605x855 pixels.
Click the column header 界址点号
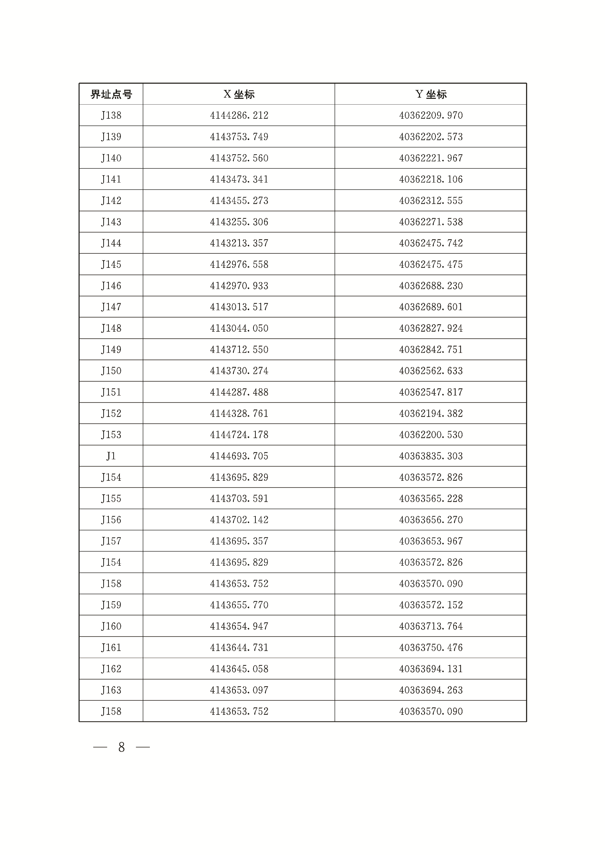pos(111,94)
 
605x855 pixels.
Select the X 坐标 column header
pos(239,94)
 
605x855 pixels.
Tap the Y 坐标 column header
pos(431,94)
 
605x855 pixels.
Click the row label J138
pos(111,116)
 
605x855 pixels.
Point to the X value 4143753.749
pos(239,137)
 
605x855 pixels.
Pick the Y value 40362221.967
pos(431,158)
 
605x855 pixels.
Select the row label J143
pos(111,222)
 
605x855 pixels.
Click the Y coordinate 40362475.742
pos(431,243)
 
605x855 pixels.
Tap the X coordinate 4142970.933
pos(239,286)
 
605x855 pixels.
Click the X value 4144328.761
pos(239,413)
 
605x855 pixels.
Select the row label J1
pos(111,456)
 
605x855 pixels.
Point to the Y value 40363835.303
pos(431,456)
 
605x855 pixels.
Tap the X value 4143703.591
pos(239,498)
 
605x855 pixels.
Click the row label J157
pos(111,541)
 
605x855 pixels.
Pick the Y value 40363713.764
pos(431,626)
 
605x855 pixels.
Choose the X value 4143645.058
pos(239,669)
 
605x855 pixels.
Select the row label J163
pos(111,690)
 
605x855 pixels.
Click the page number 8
pos(122,747)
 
